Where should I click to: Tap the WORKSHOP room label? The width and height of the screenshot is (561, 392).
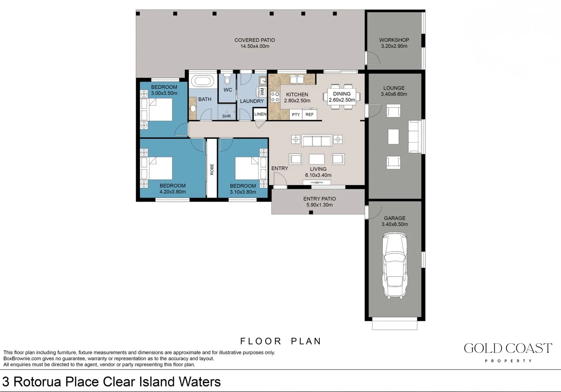point(394,40)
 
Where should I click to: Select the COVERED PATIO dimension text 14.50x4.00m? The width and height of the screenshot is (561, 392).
point(255,46)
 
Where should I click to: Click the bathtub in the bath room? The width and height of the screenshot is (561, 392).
point(202,81)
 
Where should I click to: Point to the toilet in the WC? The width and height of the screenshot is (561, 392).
point(227,79)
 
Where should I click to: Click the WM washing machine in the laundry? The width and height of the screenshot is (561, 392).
point(262,91)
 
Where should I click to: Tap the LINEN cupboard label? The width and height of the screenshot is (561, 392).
point(260,114)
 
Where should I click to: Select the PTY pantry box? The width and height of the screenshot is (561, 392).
point(296,115)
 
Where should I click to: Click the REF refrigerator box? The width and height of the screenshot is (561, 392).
point(309,115)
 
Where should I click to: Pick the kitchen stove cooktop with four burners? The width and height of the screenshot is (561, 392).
point(275,97)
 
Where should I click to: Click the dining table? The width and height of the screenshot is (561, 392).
point(342,97)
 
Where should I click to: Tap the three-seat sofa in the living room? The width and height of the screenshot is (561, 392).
point(317,140)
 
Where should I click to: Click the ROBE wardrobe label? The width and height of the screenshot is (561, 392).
point(212,169)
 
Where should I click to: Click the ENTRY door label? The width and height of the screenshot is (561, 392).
point(280,168)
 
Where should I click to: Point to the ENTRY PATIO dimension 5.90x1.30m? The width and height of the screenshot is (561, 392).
point(319,205)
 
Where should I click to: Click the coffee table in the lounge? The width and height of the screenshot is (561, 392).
point(393,136)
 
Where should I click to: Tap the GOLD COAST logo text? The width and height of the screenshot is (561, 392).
point(508,348)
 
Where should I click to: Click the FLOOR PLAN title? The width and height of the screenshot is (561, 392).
point(281,341)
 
